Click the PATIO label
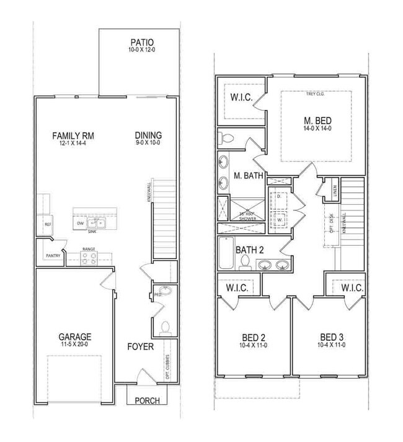coord(141,42)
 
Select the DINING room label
coord(148,135)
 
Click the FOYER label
coord(140,346)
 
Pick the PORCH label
coord(146,400)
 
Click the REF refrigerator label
coord(47,224)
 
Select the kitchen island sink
coord(95,223)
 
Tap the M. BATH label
coord(248,176)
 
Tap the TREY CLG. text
coord(316,95)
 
